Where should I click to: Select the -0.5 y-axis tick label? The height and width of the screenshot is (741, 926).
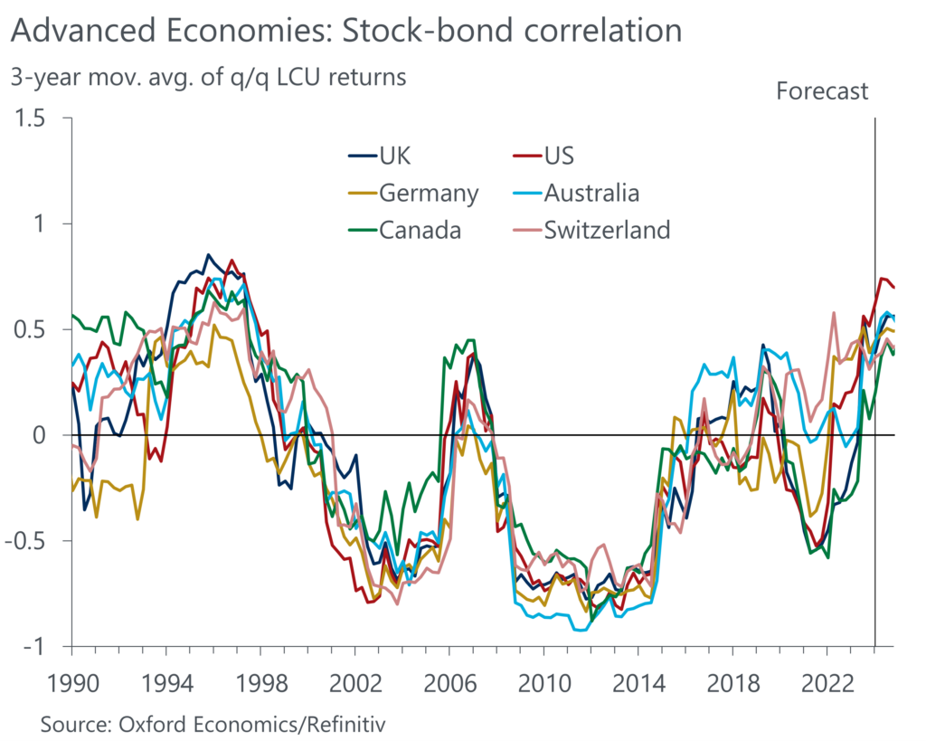[36, 541]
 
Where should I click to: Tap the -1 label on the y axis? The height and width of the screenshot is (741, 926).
[46, 646]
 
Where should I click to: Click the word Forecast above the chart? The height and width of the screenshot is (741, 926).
[822, 90]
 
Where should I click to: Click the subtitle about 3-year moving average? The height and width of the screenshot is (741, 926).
[208, 77]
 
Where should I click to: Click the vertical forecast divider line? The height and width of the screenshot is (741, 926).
[875, 380]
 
